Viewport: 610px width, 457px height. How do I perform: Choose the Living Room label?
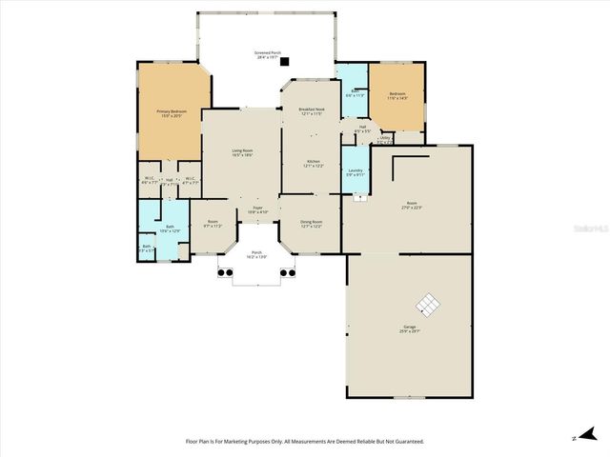coord(242,152)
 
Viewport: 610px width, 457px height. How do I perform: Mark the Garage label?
coord(410,329)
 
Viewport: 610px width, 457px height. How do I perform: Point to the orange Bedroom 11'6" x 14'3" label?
coord(397,95)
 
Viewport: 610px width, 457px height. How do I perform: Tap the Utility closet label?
coord(385,140)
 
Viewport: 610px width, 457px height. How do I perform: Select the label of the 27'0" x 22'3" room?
coord(412,205)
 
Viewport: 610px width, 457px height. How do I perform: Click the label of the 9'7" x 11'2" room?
coord(213,225)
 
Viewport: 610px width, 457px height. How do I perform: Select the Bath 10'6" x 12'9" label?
coord(170,229)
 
